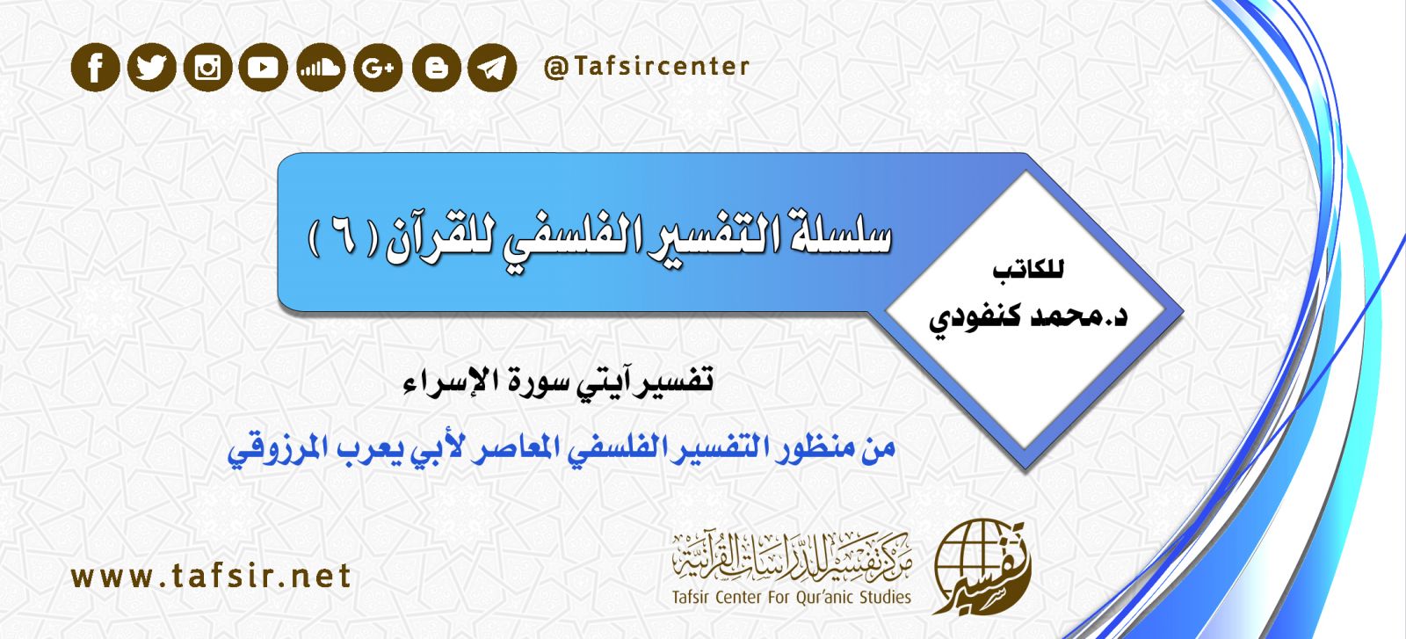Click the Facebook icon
96,67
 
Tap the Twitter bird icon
151,67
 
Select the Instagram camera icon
207,67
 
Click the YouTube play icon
263,67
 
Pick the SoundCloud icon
321,67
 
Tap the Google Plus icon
378,67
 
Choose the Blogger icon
437,67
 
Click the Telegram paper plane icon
492,67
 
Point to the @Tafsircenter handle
647,67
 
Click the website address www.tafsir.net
211,577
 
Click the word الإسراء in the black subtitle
449,379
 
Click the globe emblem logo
981,567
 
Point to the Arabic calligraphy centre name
792,556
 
